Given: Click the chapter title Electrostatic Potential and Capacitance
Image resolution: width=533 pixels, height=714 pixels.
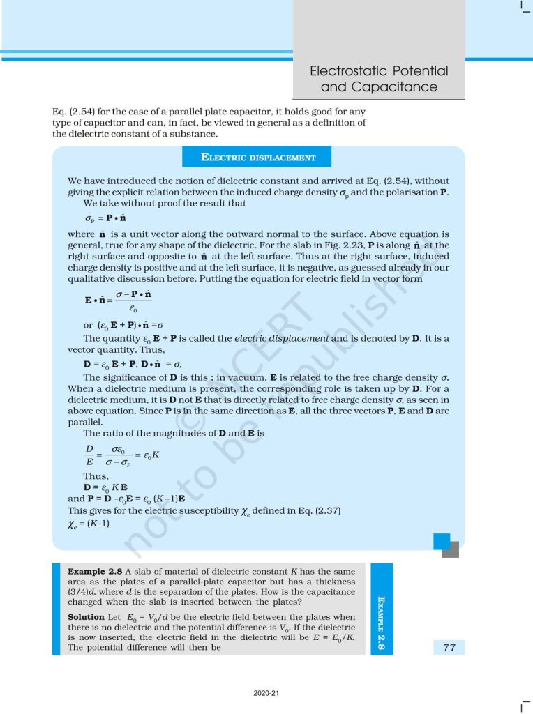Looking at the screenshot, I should point(379,79).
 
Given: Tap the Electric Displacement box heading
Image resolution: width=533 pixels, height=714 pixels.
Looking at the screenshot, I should point(258,158).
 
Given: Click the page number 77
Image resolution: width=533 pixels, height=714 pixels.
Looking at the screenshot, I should point(449,648).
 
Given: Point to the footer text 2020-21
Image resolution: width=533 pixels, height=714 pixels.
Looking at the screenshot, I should point(266,693).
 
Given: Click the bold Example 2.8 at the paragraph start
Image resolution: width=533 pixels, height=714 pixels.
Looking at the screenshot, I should point(94,571).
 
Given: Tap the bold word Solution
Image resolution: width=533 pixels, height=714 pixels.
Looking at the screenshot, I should point(86,617).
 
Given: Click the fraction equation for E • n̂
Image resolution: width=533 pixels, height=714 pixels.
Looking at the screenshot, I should point(118,301).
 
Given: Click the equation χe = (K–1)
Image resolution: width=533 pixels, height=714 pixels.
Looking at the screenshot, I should point(89,522).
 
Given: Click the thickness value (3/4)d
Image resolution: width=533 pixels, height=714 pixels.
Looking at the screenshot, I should point(82,591).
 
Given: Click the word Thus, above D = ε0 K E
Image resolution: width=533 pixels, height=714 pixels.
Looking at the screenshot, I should point(96,477).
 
